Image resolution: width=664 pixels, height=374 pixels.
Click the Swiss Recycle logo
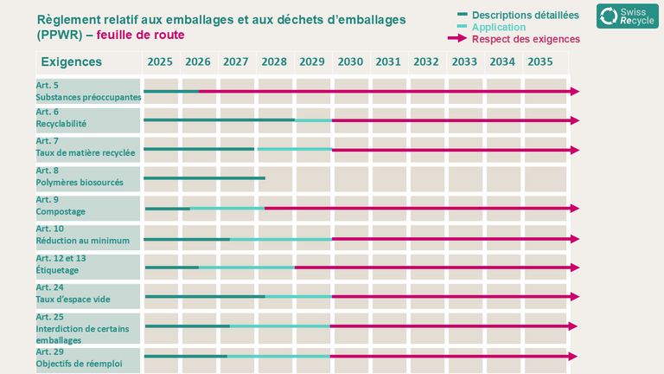pos(627,16)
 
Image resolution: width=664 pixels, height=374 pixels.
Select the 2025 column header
pos(160,62)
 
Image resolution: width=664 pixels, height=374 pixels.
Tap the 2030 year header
pos(350,62)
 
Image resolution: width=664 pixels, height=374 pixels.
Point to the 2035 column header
pos(540,62)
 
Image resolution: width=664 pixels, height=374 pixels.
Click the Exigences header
pos(72,62)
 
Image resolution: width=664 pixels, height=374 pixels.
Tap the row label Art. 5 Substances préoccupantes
pos(88,91)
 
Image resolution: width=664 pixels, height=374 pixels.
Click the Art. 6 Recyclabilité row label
pos(61,118)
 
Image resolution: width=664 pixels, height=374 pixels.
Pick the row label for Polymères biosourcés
pos(80,177)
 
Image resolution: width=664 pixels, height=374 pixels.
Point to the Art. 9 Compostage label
pos(61,206)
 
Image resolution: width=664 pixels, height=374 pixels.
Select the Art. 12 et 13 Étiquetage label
pos(61,264)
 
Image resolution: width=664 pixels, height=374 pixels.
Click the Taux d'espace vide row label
pos(73,293)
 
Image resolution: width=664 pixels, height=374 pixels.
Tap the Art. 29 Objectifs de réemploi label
pos(80,358)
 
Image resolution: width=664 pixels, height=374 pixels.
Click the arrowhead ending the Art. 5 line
pos(575,91)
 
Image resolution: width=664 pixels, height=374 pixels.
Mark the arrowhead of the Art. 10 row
pos(575,239)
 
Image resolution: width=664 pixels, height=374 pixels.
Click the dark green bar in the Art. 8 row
pos(205,178)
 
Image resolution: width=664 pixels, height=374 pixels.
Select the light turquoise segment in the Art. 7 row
pos(295,149)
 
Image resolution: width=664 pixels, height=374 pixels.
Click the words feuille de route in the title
pos(141,35)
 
